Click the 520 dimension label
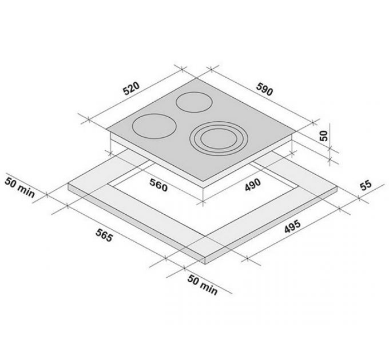pos(132,89)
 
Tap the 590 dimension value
pos(264,89)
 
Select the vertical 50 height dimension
pos(324,136)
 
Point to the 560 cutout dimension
pos(158,185)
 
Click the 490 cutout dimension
pos(253,185)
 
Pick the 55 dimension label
pos(366,185)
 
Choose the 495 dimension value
pos(292,226)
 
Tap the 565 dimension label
pos(104,235)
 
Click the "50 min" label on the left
pos(19,187)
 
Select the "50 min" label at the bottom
pos(203,285)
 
